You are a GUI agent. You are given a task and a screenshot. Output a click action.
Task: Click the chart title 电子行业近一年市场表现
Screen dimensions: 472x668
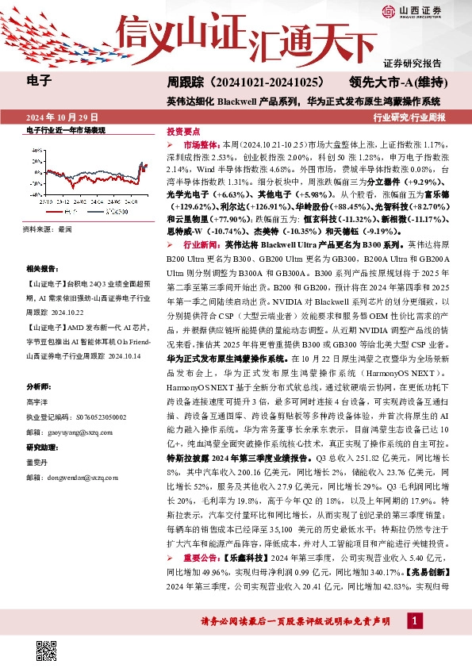pos(66,129)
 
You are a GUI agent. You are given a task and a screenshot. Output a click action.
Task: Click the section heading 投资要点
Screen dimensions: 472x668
pos(182,132)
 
